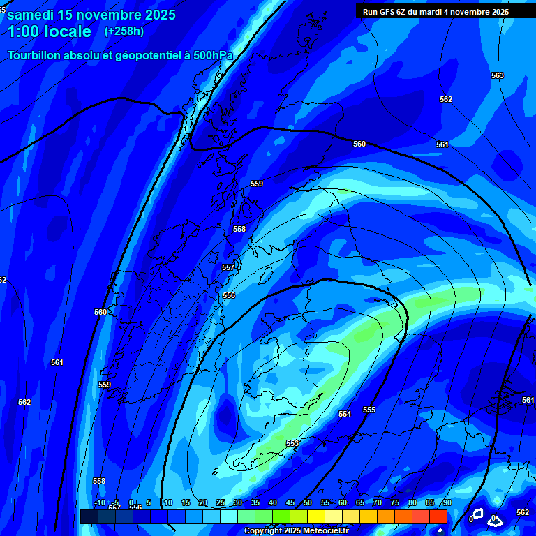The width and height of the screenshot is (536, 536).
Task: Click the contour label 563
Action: click(x=497, y=75)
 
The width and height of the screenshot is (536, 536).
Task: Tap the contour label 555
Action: click(x=369, y=410)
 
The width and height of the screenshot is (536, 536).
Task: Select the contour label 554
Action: click(x=345, y=414)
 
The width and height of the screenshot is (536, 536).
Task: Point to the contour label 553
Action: click(x=292, y=443)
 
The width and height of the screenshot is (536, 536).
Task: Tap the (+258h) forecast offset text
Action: click(x=124, y=31)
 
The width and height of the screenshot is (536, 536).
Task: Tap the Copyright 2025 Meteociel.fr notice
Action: click(x=296, y=531)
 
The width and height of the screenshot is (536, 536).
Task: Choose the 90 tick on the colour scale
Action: click(x=447, y=503)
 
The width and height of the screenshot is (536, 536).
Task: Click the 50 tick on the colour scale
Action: click(x=308, y=503)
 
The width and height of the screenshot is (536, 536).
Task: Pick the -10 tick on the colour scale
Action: click(x=99, y=503)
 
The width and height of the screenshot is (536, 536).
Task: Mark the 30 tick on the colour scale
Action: click(x=238, y=503)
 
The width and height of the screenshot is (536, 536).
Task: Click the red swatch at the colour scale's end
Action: click(x=438, y=516)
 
